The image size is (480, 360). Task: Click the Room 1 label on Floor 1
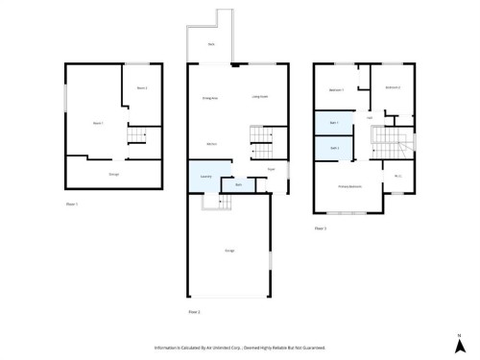97,123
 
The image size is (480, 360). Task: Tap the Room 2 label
141,88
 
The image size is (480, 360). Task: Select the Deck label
211,45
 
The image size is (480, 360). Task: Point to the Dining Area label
210,98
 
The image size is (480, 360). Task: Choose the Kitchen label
210,145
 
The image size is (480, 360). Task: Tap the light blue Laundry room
204,178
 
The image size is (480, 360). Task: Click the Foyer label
272,170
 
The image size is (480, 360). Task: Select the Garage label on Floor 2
230,252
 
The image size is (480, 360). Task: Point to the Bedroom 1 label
336,90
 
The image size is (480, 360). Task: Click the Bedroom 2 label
392,87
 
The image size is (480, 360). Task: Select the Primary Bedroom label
349,186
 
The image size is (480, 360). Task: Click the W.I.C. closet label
397,176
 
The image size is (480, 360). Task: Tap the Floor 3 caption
321,228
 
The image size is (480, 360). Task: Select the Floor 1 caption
71,204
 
